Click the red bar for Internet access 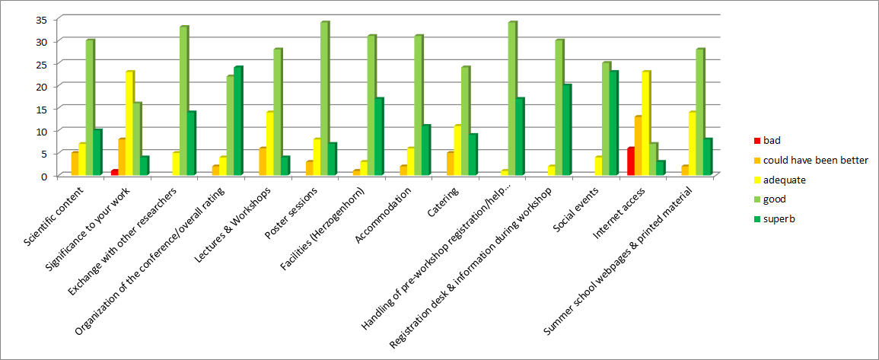(630, 161)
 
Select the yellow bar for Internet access (645, 123)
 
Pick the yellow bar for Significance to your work (130, 123)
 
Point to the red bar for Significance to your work (114, 173)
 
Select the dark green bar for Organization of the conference (237, 121)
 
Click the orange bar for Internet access (638, 145)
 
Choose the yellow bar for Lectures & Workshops (269, 144)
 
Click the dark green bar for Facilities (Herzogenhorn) (379, 137)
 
